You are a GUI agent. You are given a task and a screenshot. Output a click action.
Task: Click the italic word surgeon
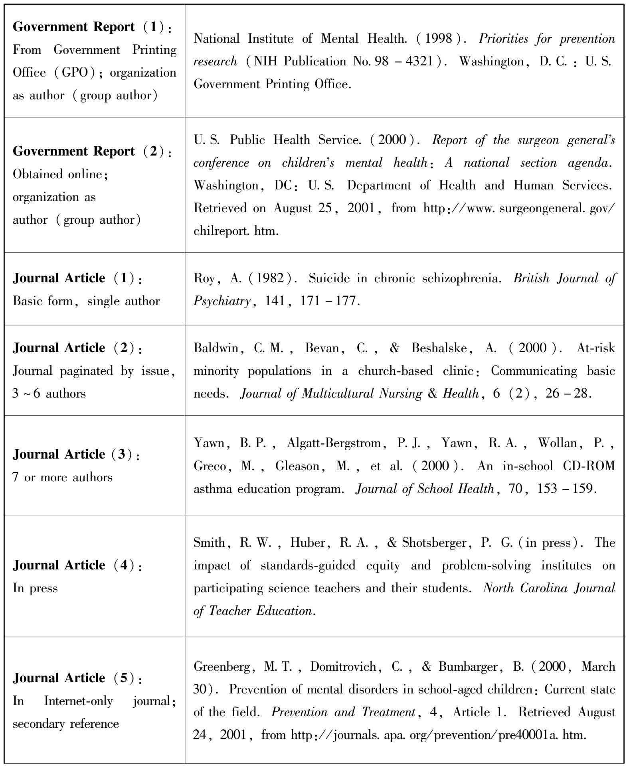[x=535, y=140]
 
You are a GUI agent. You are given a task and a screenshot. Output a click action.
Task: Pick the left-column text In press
[x=35, y=588]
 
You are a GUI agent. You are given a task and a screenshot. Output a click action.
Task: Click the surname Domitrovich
[x=344, y=667]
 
